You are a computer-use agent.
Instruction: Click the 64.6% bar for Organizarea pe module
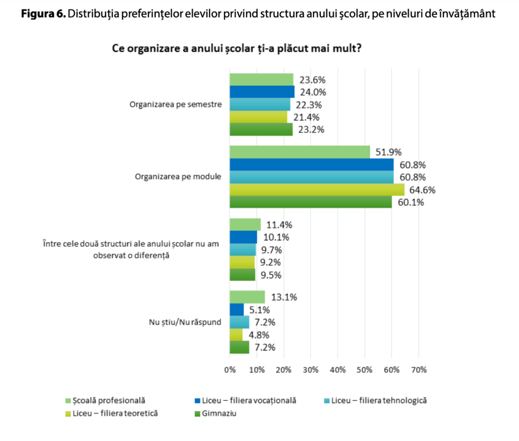(317, 190)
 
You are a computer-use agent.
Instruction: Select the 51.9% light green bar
(300, 152)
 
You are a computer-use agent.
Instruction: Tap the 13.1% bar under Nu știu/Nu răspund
(247, 297)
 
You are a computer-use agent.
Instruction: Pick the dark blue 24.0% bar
(262, 92)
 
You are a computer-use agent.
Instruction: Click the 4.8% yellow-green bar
(236, 335)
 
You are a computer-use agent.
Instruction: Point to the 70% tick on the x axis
(418, 370)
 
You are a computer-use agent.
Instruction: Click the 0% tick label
(230, 370)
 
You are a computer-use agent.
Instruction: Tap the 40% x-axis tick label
(338, 370)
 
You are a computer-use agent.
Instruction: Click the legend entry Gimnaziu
(218, 413)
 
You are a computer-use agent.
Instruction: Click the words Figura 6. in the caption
(43, 14)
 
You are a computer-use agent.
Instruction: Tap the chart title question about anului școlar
(236, 49)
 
